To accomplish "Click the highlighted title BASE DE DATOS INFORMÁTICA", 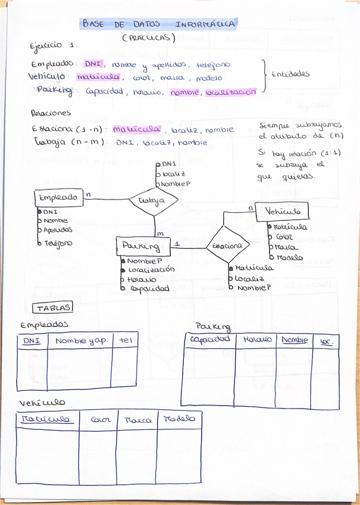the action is point(158,24).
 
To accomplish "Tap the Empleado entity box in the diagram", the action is point(58,198).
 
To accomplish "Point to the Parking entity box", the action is point(140,245).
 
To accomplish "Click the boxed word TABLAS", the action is point(52,308).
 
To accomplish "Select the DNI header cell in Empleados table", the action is point(32,341).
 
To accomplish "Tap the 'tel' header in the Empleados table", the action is point(125,341).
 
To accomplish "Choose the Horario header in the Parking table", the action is point(257,339).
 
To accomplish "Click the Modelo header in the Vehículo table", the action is point(179,419).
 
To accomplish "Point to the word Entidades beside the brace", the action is point(290,74).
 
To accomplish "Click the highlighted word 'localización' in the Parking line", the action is point(230,92).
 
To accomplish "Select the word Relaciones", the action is point(51,113).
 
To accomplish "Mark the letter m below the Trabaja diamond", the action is point(159,233).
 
